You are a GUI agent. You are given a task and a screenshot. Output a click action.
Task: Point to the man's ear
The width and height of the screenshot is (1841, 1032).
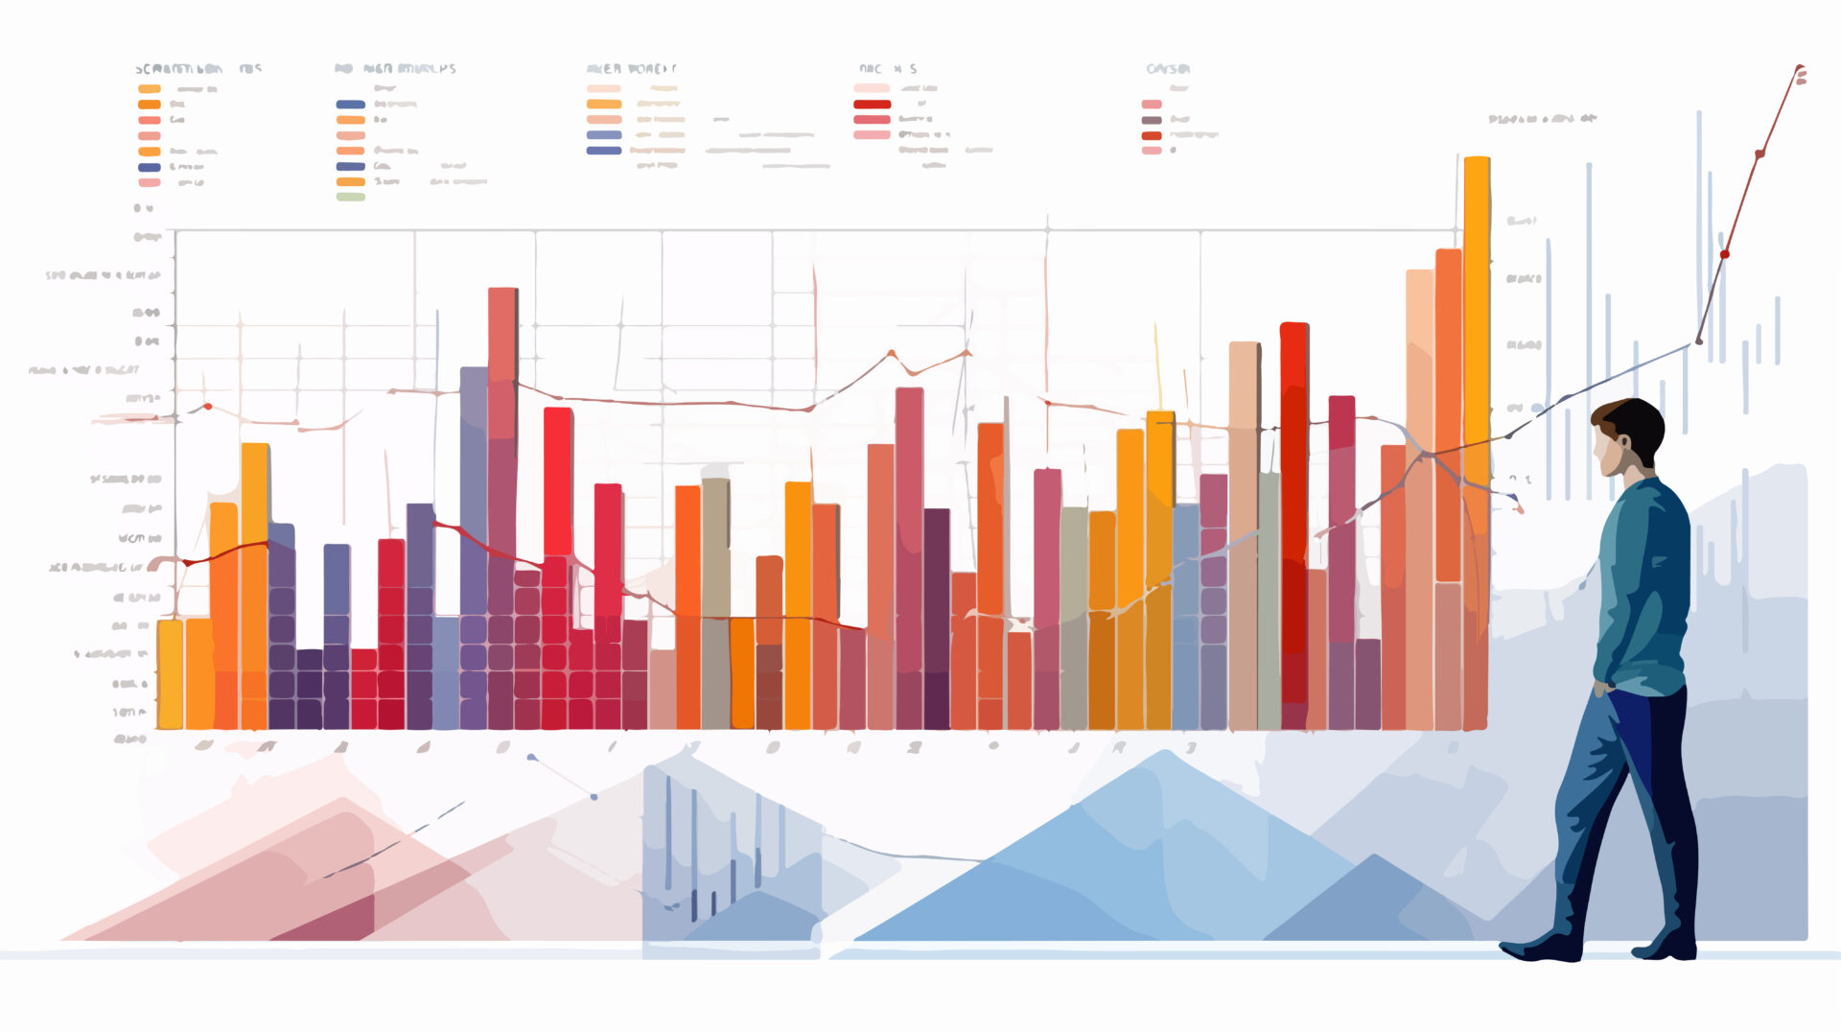pos(1624,446)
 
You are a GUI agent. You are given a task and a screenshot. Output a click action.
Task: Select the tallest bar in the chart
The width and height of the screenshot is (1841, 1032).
pos(1477,384)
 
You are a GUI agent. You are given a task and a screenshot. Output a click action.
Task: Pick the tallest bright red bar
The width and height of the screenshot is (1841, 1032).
pos(1293,518)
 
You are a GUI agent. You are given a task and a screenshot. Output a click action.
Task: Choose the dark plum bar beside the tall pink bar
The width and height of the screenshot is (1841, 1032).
pos(937,614)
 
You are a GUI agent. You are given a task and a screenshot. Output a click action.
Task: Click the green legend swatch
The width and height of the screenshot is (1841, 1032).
pos(351,197)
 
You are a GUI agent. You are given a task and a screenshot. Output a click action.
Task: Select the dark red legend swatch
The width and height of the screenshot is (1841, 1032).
pos(872,104)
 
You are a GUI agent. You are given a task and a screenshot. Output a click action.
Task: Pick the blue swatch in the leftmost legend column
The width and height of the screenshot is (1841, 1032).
pos(149,167)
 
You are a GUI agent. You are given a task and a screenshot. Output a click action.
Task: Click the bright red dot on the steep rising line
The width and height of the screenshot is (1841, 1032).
pos(1725,254)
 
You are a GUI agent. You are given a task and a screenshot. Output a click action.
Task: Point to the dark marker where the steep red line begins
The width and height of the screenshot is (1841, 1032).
pos(1699,340)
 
